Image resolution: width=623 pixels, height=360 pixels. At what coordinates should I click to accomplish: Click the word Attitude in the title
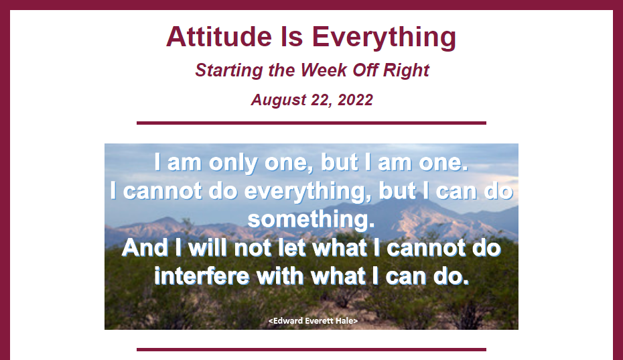tap(219, 37)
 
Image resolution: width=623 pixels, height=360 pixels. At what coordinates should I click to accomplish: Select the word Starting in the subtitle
tap(229, 71)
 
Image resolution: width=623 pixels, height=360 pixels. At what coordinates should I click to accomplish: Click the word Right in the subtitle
tap(406, 71)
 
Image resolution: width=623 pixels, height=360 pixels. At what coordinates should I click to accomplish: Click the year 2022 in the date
tap(355, 100)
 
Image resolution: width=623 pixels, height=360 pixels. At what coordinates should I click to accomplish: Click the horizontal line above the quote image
tap(311, 123)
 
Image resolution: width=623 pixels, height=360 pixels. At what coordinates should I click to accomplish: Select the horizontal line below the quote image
tap(311, 350)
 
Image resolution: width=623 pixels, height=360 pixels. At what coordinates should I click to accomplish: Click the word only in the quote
tap(233, 163)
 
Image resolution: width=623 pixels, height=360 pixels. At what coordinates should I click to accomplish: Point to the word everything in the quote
tap(305, 192)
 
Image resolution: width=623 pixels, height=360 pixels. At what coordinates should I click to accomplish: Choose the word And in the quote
tap(145, 248)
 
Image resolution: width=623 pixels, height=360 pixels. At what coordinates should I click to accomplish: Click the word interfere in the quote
tap(202, 276)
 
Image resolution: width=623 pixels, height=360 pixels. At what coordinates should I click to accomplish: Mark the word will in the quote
tap(208, 248)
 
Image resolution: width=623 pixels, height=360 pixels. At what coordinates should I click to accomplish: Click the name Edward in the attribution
tap(288, 320)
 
